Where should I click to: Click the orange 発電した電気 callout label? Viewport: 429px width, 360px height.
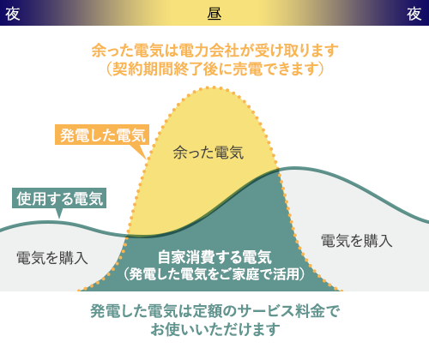102,135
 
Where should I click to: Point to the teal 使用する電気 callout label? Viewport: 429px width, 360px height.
59,198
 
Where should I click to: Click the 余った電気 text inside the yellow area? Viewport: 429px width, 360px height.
208,153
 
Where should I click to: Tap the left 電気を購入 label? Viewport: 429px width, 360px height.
51,257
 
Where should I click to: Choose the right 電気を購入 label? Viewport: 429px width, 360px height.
356,241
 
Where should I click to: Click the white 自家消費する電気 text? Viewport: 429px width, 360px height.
214,257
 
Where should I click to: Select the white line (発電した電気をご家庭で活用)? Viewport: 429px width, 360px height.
214,274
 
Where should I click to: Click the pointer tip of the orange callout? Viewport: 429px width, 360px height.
143,158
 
